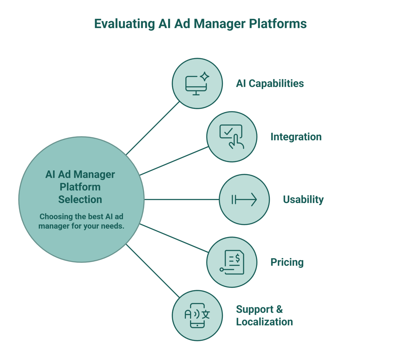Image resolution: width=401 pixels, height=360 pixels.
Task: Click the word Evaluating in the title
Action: pos(124,24)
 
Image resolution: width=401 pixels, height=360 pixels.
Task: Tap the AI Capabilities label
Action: pos(270,83)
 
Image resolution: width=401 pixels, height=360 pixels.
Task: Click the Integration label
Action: pos(296,137)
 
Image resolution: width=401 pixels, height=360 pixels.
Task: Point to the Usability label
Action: pos(303,199)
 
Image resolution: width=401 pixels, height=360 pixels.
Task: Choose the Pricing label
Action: pos(287,262)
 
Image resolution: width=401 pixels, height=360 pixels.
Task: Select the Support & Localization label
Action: pos(264,316)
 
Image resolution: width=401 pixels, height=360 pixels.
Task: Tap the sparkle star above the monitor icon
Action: pos(205,77)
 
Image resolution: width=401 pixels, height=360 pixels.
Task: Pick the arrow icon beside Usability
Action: pos(244,200)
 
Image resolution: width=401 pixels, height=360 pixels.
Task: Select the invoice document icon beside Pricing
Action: pos(234,262)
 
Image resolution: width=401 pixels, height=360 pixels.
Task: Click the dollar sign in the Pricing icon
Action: pos(238,258)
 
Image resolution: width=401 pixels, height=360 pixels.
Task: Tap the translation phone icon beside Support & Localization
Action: pos(197,316)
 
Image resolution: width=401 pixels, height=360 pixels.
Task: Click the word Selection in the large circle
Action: pos(80,199)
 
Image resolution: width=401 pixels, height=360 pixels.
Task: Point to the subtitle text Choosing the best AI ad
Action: pos(81,216)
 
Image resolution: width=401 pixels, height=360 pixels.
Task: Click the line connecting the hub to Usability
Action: pos(181,199)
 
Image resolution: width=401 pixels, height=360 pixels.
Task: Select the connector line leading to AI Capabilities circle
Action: pos(153,128)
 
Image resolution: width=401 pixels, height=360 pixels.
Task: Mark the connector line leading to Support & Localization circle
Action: pos(153,271)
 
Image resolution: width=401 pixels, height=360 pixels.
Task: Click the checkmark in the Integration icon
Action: pos(228,131)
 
